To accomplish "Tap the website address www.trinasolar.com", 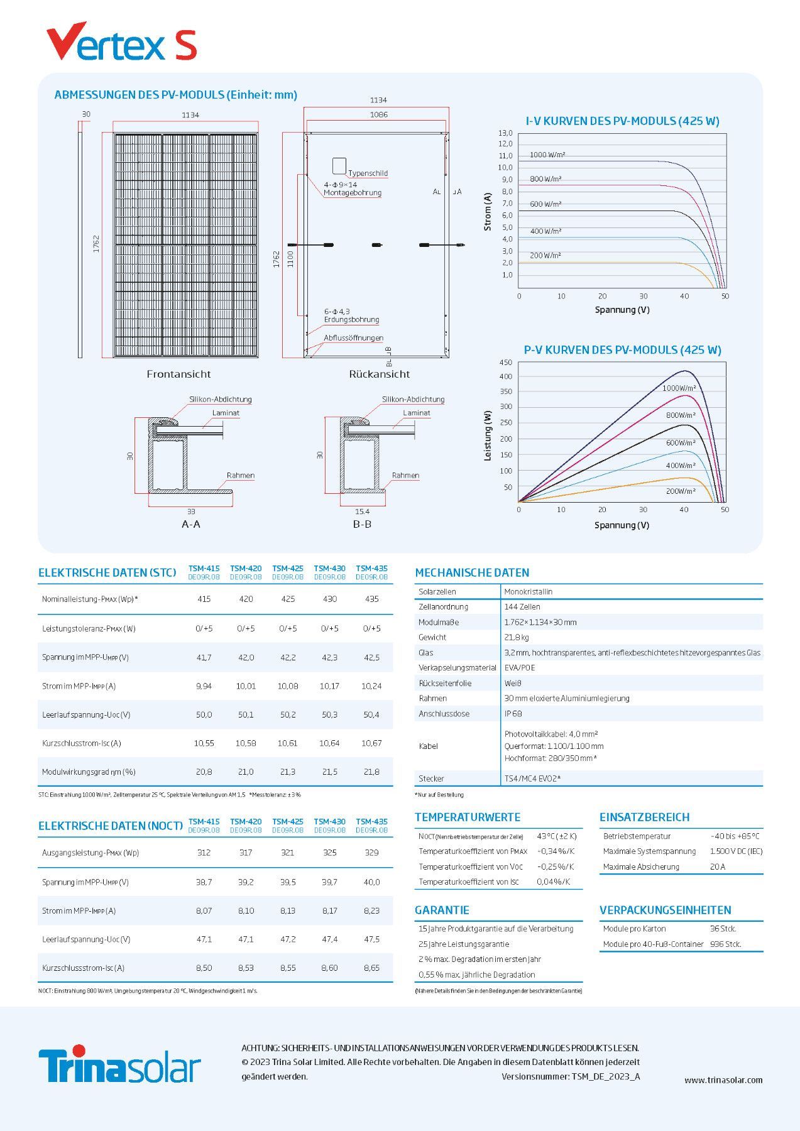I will (723, 1080).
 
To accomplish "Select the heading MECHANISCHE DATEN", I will (472, 572).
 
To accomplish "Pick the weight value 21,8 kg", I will (517, 637).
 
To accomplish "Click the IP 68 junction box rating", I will (513, 714).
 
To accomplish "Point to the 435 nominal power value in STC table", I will (371, 599).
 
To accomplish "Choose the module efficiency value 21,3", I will (288, 772).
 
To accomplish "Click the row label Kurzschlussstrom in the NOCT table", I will (83, 968).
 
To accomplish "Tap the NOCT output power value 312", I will (204, 853).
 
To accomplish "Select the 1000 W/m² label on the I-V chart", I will (547, 155).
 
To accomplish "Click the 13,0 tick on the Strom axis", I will (505, 133).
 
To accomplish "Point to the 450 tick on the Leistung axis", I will (505, 363).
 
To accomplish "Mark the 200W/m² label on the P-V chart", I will (681, 491).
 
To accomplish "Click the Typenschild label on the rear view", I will (368, 173).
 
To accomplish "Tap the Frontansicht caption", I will (178, 374).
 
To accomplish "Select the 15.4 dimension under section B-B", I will (362, 511).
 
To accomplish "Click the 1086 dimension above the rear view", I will (378, 115).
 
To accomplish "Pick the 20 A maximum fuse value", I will (717, 867).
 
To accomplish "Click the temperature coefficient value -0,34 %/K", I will (556, 851).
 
